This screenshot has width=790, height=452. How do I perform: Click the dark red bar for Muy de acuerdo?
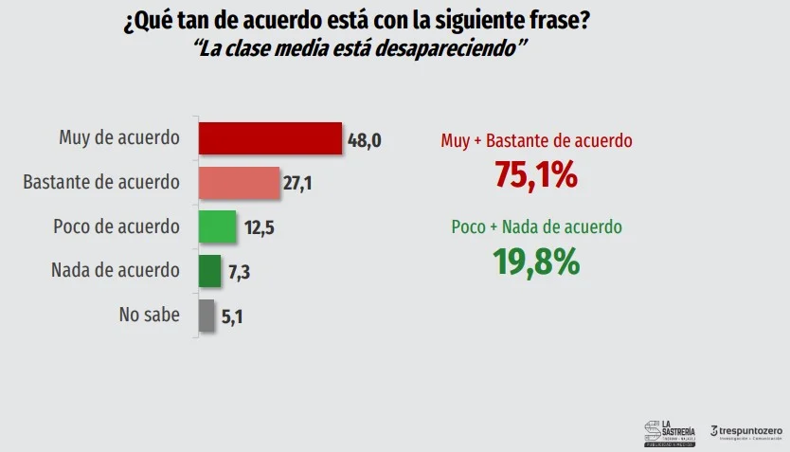[269, 138]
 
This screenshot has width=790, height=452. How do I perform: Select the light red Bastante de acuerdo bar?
[239, 183]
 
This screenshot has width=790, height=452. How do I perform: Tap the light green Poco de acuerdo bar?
[217, 227]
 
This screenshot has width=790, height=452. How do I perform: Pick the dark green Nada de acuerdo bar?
[209, 271]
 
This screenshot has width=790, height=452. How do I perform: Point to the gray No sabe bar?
[206, 316]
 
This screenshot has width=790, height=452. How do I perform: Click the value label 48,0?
[365, 140]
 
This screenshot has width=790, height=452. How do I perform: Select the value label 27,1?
[297, 184]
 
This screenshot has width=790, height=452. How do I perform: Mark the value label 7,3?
[239, 273]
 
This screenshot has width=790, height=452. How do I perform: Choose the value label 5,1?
[233, 316]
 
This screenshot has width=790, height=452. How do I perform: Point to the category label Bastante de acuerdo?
[101, 183]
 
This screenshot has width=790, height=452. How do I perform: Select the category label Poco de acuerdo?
[117, 227]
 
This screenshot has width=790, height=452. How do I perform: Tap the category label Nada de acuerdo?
[115, 271]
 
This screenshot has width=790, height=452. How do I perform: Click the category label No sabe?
[149, 316]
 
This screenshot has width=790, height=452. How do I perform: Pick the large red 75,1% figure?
[536, 175]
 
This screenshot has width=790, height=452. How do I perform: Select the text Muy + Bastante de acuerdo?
[536, 141]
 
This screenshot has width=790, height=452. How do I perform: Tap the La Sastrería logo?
[669, 430]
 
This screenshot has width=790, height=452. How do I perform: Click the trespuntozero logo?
[746, 431]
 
